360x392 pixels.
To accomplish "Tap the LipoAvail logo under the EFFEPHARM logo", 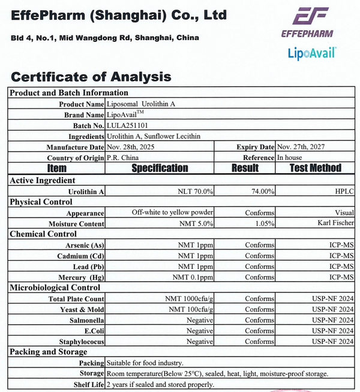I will coord(310,54).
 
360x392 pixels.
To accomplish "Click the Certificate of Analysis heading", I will coord(91,77).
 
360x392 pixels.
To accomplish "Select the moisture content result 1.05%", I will coord(263,224).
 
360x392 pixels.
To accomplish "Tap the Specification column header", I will coord(160,168).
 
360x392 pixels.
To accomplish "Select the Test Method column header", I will coord(315,168).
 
